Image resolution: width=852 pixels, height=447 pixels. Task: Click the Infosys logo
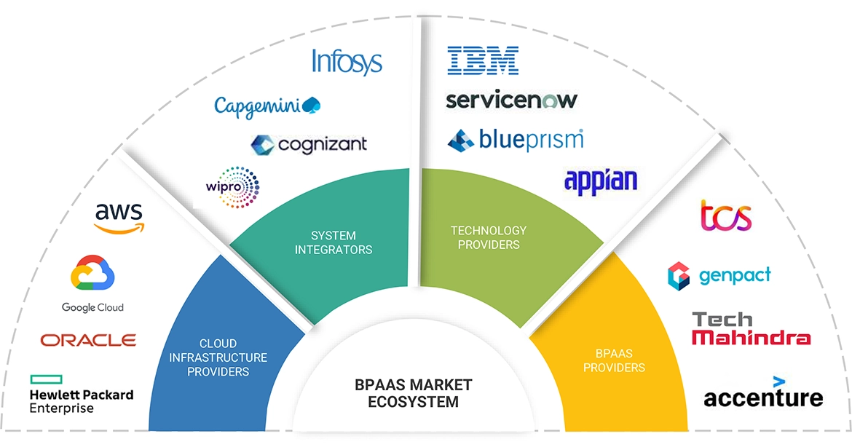pos(347,62)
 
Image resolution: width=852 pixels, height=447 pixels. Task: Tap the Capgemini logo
pos(267,105)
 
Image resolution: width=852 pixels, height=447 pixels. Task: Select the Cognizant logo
pos(309,144)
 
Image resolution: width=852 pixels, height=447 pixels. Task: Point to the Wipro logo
pos(232,185)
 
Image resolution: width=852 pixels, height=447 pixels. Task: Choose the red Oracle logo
pos(88,340)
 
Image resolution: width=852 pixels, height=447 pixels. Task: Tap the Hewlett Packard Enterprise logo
pos(81,394)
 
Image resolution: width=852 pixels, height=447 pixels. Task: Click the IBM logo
pos(483,60)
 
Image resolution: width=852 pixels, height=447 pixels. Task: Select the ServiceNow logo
pos(511,100)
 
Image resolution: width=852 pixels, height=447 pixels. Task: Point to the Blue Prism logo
pos(516,139)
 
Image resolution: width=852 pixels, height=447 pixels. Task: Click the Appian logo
pos(601,180)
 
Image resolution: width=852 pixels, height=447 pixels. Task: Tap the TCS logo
pos(725,216)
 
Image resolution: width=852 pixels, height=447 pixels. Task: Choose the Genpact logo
pos(719,275)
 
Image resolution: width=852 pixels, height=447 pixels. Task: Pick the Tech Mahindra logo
pos(750,328)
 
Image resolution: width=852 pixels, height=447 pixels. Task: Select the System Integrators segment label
pos(334,242)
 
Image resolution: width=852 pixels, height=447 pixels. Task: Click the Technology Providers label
pos(488,237)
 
